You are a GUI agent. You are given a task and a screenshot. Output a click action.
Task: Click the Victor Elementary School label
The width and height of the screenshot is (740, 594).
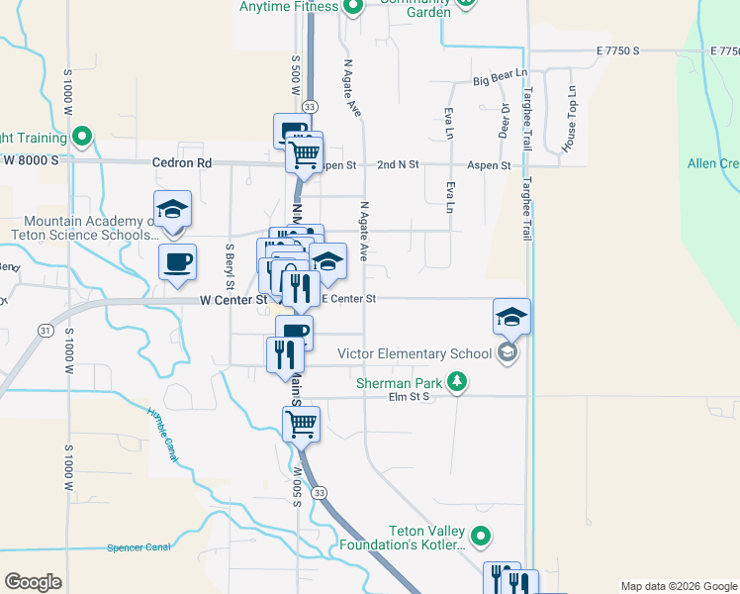pyautogui.click(x=415, y=353)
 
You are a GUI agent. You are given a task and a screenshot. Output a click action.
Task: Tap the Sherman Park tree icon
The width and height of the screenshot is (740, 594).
pyautogui.click(x=456, y=380)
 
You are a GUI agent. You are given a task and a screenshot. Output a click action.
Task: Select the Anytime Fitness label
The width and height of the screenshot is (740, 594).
pyautogui.click(x=288, y=6)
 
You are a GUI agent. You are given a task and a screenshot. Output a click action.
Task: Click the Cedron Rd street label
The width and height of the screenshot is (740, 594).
pyautogui.click(x=182, y=162)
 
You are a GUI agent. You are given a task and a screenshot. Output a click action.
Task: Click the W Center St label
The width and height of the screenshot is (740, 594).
pyautogui.click(x=233, y=299)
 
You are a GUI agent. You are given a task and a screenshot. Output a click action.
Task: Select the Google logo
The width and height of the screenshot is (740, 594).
pyautogui.click(x=34, y=581)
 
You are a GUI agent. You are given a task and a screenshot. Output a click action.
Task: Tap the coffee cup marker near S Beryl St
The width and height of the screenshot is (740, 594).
pyautogui.click(x=177, y=261)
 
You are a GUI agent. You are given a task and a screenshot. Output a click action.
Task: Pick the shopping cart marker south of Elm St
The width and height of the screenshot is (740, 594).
pyautogui.click(x=302, y=424)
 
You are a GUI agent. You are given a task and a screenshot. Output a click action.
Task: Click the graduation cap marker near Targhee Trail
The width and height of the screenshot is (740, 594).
pyautogui.click(x=511, y=316)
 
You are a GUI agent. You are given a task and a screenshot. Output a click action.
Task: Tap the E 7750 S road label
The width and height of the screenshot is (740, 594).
pyautogui.click(x=618, y=50)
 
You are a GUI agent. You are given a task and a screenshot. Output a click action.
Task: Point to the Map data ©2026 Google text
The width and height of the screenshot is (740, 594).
pyautogui.click(x=678, y=586)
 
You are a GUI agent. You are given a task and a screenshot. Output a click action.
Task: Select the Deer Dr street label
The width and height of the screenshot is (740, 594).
pyautogui.click(x=504, y=120)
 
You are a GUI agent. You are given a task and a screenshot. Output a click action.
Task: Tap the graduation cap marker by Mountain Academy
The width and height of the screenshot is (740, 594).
pyautogui.click(x=173, y=209)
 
